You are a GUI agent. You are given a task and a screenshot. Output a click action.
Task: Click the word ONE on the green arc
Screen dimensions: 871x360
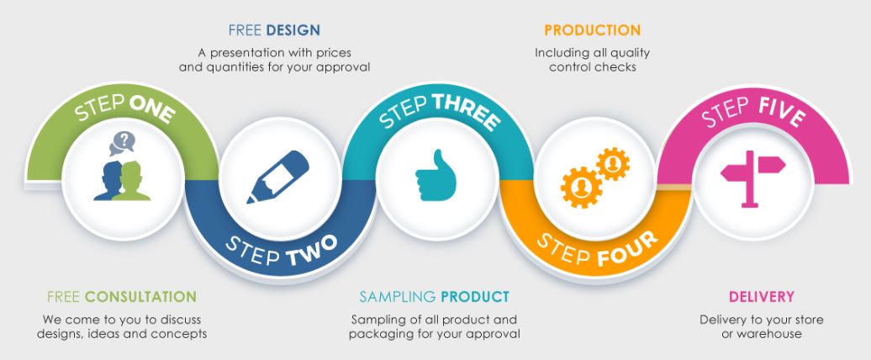[x=151, y=109]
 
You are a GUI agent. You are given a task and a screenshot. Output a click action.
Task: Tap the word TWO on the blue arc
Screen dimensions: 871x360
[x=312, y=251]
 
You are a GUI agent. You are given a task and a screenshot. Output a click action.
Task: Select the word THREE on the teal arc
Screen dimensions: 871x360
[x=467, y=111]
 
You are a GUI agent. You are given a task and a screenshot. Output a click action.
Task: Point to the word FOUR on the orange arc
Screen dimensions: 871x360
[x=628, y=249]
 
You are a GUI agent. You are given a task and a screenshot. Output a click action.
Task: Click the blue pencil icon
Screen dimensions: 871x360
[x=277, y=177]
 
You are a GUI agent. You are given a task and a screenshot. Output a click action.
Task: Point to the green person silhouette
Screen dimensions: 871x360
[x=132, y=181]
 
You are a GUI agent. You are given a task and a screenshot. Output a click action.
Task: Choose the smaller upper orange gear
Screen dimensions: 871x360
[x=613, y=163]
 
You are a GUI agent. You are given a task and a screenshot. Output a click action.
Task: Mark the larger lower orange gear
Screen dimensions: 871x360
[x=581, y=188]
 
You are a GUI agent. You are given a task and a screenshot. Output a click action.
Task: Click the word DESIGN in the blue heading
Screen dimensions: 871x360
[x=293, y=30]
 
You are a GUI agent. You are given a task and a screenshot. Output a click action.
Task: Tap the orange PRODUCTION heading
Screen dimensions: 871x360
[x=592, y=30]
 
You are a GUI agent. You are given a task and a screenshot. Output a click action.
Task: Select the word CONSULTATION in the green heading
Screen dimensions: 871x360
[x=140, y=297]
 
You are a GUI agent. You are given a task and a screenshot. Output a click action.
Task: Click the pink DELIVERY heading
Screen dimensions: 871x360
[x=762, y=297]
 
